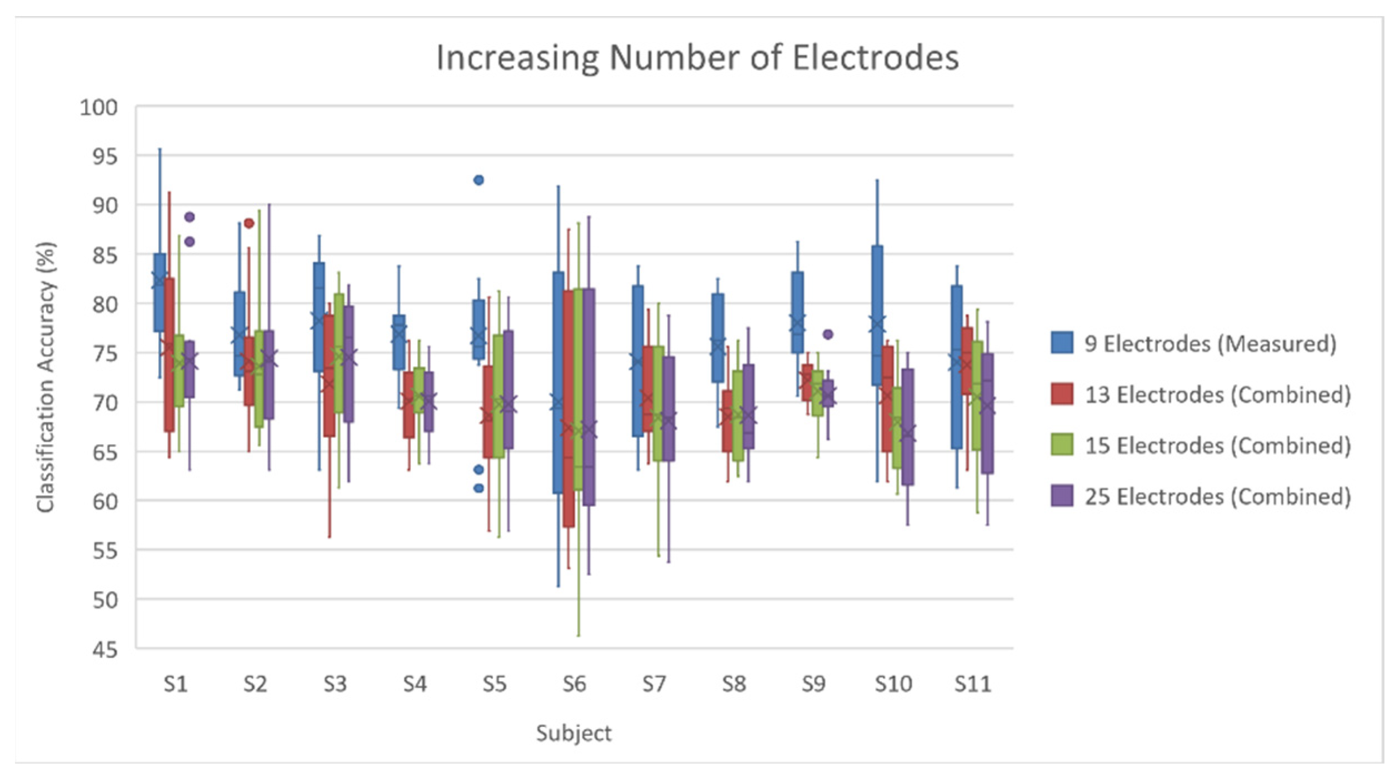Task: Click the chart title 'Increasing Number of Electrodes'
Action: (x=697, y=58)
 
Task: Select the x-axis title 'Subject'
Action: (x=573, y=733)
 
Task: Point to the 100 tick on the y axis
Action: (x=99, y=107)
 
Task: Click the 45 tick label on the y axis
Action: (x=105, y=649)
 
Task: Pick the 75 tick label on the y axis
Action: (x=105, y=353)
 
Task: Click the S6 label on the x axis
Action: (x=574, y=684)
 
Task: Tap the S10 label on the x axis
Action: (x=893, y=684)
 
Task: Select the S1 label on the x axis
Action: (x=176, y=684)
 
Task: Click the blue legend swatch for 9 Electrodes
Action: (x=1061, y=343)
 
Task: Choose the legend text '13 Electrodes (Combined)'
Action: (x=1217, y=395)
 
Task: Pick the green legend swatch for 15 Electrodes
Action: (x=1061, y=445)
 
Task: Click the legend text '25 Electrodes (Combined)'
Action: (x=1217, y=496)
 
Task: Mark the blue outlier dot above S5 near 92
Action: (x=478, y=180)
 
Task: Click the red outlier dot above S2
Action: (x=249, y=223)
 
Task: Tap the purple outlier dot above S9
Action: (x=827, y=335)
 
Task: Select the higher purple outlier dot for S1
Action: (x=189, y=217)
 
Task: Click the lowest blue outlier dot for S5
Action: (x=478, y=488)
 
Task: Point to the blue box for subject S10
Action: (x=877, y=315)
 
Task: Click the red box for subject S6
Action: (x=568, y=408)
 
